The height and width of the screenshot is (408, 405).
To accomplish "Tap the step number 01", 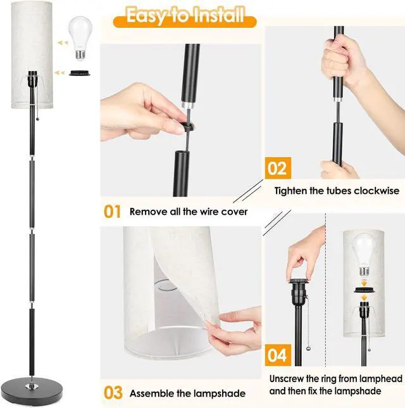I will (x=112, y=211).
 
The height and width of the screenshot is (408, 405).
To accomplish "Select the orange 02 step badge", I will (x=277, y=168).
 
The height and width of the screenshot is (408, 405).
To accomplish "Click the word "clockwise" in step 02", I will (x=375, y=191).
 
